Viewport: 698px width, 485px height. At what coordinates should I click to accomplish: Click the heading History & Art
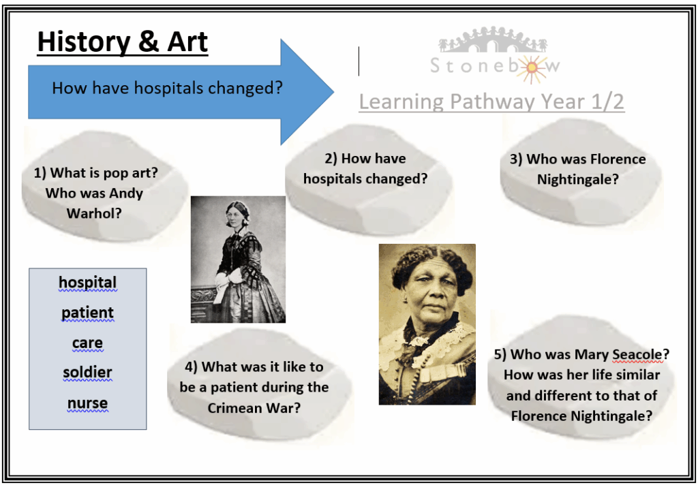pos(123,42)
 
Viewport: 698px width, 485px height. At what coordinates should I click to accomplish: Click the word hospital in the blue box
pos(88,282)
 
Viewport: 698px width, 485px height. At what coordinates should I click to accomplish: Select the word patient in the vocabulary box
pos(88,313)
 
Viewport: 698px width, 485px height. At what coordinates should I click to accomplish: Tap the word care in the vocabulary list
pos(88,343)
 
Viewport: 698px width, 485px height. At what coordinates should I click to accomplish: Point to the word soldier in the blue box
pos(88,373)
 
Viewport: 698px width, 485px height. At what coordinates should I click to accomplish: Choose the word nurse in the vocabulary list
pos(88,403)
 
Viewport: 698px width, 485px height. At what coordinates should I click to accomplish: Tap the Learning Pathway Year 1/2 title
pos(491,101)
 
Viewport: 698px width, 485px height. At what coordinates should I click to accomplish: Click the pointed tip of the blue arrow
pos(333,92)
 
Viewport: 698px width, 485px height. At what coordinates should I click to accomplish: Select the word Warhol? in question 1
pos(94,214)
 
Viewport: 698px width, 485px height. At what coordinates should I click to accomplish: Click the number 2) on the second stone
pos(331,159)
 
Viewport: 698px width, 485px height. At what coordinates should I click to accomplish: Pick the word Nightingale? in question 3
pos(578,180)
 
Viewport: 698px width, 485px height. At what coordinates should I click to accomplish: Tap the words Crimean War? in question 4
pos(254,408)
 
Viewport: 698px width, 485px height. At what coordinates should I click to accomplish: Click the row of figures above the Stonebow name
pos(493,39)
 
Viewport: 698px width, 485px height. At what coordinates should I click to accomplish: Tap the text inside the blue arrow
pos(168,88)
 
